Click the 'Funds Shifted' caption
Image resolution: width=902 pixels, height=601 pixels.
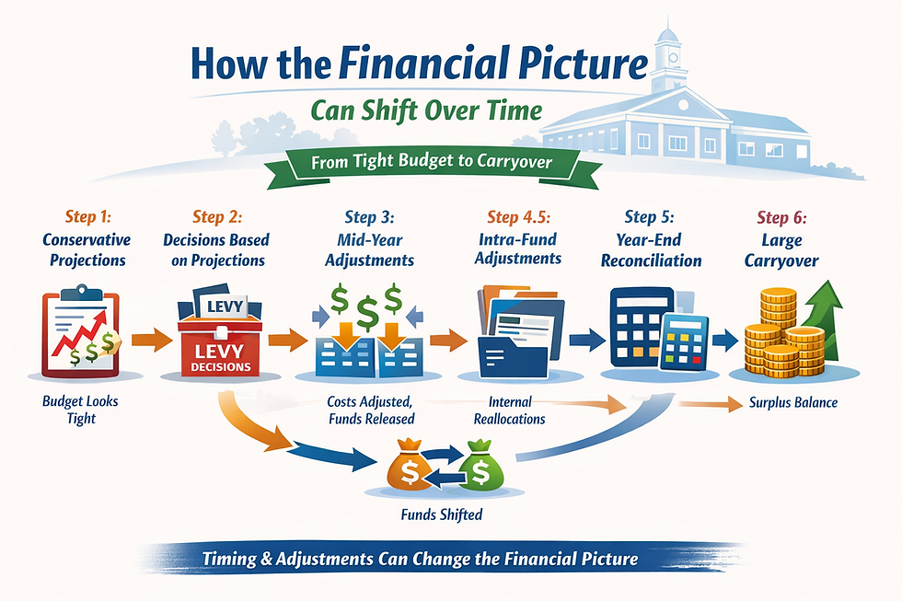click(440, 514)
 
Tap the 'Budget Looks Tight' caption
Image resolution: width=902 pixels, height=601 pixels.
click(81, 410)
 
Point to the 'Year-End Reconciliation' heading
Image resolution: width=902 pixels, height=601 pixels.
click(651, 250)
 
